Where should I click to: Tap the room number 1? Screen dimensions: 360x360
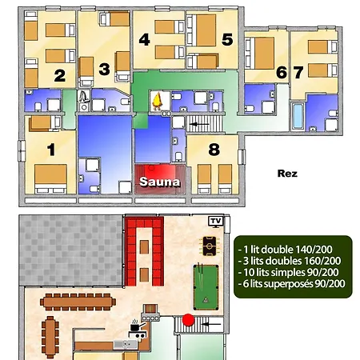tap(51, 149)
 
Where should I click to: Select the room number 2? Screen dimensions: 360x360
tap(58, 76)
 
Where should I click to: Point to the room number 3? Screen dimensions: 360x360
tap(105, 68)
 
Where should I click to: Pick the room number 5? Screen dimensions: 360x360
tap(227, 38)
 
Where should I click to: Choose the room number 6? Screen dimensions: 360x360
tap(281, 72)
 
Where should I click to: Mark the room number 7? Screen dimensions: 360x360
tap(298, 72)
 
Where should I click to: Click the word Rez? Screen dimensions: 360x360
tap(287, 172)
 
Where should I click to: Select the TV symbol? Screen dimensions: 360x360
tap(214, 220)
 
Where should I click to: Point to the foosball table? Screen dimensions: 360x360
tap(210, 243)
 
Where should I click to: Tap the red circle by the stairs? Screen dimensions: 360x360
tap(190, 320)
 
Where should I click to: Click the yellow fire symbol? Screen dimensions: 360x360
tap(158, 100)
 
